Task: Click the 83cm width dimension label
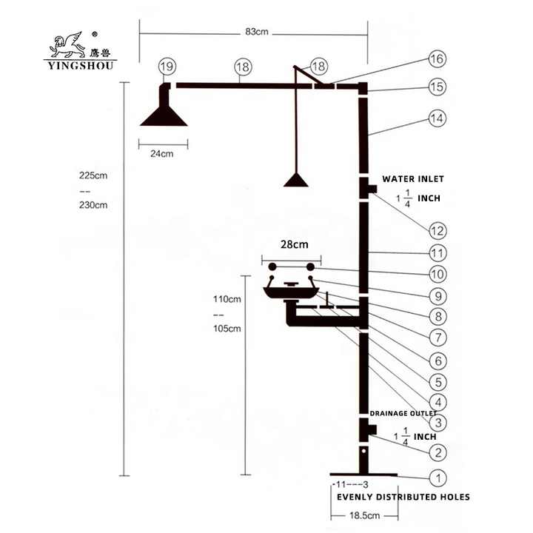point(257,32)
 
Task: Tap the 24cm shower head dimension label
point(162,154)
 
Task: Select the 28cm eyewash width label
point(295,244)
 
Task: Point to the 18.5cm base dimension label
point(364,515)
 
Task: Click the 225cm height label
point(93,175)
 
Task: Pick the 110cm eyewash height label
point(227,299)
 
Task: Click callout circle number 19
point(167,67)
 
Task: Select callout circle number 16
point(438,58)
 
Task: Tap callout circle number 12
point(438,231)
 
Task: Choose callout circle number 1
point(438,478)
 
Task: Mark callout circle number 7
point(438,338)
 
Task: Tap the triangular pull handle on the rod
point(295,180)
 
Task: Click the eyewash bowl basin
point(291,292)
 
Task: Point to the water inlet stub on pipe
point(373,189)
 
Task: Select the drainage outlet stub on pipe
point(372,430)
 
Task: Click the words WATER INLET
point(413,179)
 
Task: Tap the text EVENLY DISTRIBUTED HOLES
point(403,497)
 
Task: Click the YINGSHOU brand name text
point(81,65)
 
